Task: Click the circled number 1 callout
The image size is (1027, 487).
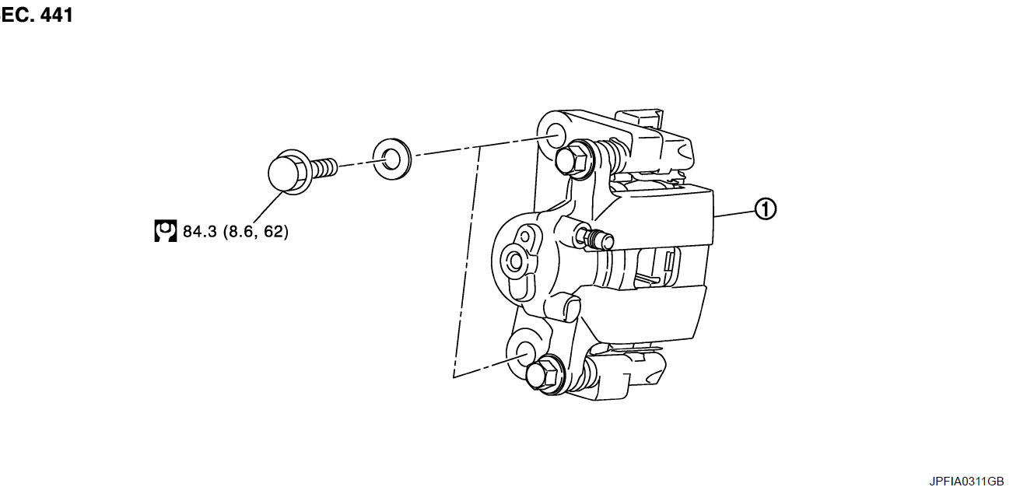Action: coord(766,209)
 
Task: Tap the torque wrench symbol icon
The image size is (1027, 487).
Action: coord(166,231)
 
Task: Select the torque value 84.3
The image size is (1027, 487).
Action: coord(199,232)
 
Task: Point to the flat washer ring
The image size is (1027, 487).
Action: coord(392,159)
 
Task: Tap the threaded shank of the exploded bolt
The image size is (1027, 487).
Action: coord(325,168)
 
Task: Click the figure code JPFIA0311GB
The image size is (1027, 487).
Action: coord(966,481)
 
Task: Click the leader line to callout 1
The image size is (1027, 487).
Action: coord(734,213)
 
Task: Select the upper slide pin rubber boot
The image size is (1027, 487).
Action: coord(612,155)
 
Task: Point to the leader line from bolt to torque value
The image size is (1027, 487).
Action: coord(268,208)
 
